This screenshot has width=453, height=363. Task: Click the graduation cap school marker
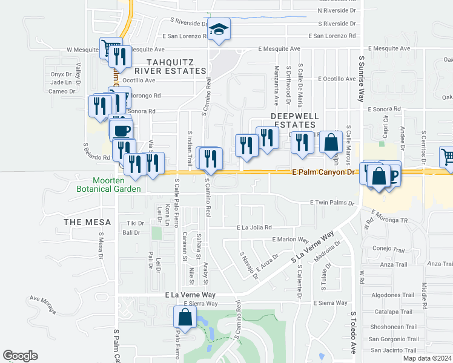[x=217, y=30]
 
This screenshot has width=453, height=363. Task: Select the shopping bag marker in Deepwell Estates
[x=331, y=143]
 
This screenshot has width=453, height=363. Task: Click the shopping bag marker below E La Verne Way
[x=185, y=317]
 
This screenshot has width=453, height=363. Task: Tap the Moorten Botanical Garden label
[x=117, y=185]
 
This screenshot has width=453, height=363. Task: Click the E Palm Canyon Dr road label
[x=322, y=172]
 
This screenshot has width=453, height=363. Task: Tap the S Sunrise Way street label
[x=362, y=79]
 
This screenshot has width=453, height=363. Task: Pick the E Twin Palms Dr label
[x=331, y=203]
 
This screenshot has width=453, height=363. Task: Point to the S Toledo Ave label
[x=354, y=332]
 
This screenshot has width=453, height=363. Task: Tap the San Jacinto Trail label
[x=394, y=350]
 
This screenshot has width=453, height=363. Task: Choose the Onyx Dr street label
[x=62, y=74]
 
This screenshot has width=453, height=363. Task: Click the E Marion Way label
[x=290, y=239]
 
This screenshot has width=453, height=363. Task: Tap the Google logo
[x=20, y=356]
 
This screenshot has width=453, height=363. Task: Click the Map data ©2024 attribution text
[x=427, y=358]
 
